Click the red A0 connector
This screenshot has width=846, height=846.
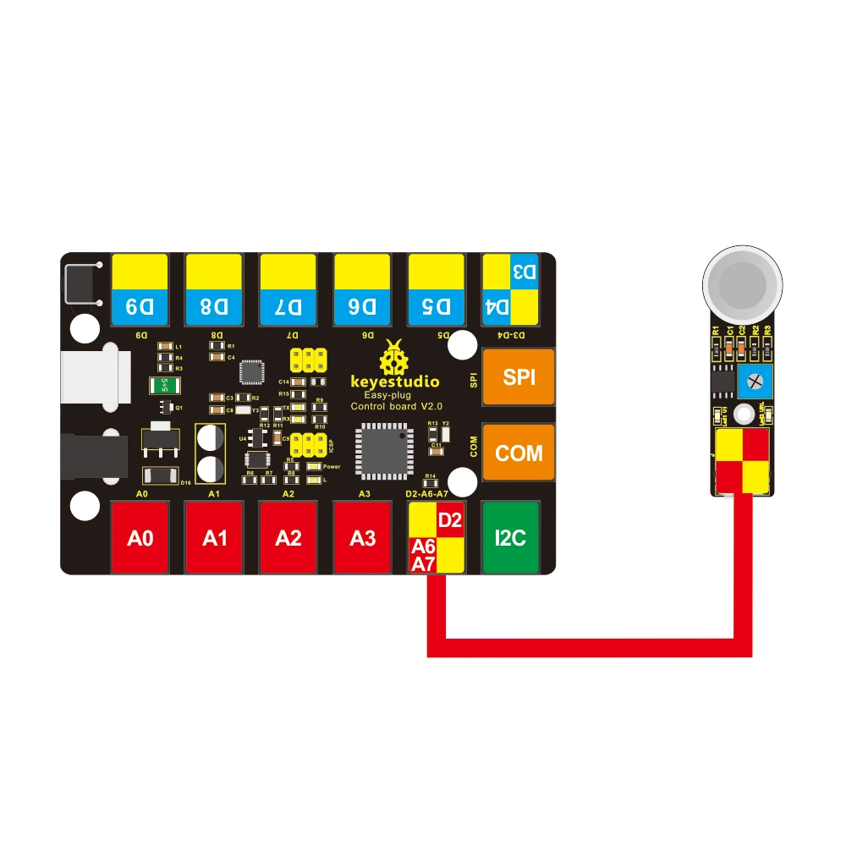[140, 536]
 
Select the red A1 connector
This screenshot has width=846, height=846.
[214, 536]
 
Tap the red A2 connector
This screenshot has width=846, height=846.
[288, 536]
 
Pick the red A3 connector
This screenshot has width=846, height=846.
[362, 536]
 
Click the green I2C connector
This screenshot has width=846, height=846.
[510, 536]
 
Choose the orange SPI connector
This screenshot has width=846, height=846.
[519, 377]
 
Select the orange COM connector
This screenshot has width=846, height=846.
[519, 453]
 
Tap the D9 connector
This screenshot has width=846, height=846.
[140, 290]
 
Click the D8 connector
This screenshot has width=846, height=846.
[214, 290]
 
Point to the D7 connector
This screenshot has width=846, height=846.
[288, 290]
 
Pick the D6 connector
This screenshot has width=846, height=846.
[362, 290]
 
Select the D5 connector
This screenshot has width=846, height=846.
[437, 290]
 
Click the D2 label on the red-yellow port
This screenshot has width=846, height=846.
[450, 519]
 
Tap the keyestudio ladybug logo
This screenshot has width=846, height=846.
[394, 357]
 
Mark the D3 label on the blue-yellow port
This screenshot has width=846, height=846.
[524, 273]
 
